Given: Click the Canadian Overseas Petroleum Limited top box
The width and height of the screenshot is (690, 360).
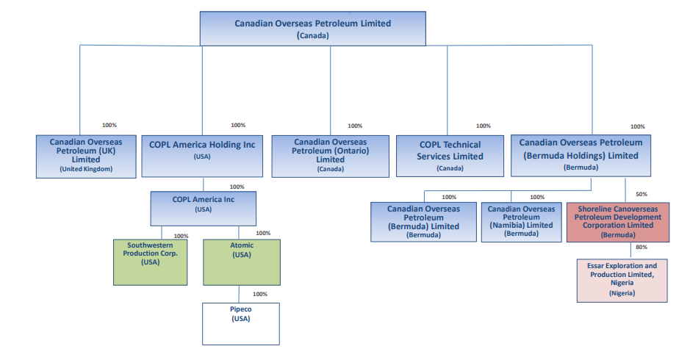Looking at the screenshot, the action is click(313, 29).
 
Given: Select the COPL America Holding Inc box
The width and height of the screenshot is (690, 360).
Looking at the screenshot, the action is click(202, 156).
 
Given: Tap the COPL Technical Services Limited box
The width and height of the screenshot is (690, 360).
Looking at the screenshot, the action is click(450, 156).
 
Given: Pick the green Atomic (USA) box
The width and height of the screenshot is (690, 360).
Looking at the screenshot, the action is click(242, 262).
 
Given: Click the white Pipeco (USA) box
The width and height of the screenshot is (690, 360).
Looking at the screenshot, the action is click(241, 324).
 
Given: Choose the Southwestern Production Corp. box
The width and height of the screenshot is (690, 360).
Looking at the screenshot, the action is click(150, 262).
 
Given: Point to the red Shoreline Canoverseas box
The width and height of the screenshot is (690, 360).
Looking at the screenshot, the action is click(618, 223).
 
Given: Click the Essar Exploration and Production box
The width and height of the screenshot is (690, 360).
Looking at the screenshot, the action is click(622, 281).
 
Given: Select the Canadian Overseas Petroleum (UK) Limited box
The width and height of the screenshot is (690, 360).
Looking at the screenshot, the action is click(86, 156).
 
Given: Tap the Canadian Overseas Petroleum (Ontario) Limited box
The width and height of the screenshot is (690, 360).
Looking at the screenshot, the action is click(330, 156).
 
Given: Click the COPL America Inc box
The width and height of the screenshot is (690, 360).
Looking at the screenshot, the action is click(204, 209).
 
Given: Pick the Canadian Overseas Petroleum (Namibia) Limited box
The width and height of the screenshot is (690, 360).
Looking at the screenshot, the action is click(522, 223).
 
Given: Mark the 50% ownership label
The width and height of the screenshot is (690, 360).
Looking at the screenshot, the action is click(642, 194).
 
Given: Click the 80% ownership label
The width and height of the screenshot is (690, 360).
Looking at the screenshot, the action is click(642, 248).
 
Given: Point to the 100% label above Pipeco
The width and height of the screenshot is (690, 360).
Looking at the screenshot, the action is click(259, 294).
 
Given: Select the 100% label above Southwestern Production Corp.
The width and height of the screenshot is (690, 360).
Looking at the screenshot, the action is click(181, 236).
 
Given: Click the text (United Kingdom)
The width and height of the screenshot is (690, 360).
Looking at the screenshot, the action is click(86, 169).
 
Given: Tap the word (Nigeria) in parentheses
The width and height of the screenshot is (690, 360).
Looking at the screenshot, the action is click(622, 293).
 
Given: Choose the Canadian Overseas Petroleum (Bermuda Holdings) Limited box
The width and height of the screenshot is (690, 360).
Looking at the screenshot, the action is click(581, 156).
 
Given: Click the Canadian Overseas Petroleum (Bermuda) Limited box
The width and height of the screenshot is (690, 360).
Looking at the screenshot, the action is click(423, 223).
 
